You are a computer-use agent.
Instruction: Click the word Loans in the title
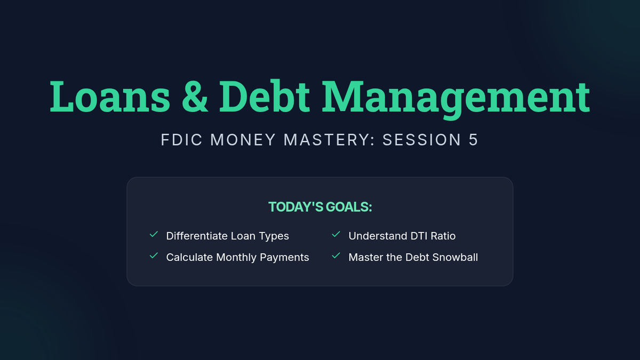(110, 97)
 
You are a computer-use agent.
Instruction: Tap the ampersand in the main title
(195, 97)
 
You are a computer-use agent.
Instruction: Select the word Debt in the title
(265, 97)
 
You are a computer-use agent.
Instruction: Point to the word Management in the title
(456, 99)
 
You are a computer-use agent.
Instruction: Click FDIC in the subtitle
(182, 140)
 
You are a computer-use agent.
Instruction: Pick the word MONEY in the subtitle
(243, 140)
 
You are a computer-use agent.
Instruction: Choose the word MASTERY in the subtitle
(329, 140)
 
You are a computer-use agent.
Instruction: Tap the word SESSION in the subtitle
(422, 140)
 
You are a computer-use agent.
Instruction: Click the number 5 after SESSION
(473, 140)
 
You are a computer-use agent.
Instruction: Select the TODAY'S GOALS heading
(320, 207)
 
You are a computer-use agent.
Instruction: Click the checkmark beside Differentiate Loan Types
(154, 234)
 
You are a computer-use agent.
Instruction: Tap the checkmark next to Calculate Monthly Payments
(154, 255)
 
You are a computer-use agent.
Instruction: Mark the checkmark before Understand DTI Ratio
(336, 234)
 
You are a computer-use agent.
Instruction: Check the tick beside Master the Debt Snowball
(336, 255)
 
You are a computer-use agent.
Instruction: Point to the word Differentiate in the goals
(197, 236)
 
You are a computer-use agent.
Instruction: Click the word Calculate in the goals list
(189, 258)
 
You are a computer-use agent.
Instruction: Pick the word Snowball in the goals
(455, 258)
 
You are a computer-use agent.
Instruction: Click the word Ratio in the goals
(443, 236)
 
